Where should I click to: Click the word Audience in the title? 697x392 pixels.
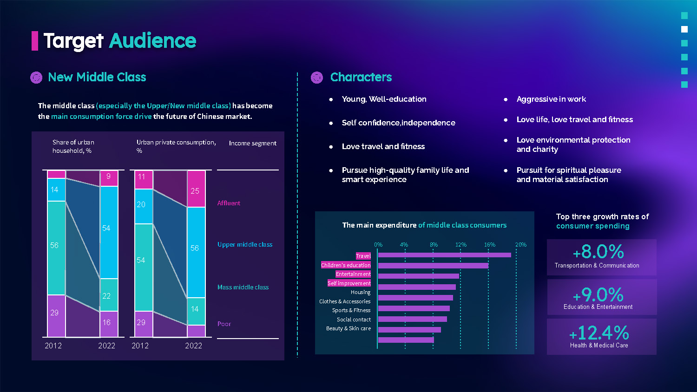tap(152, 41)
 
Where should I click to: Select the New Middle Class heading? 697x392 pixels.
tap(97, 77)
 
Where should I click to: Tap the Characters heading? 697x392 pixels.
tap(361, 77)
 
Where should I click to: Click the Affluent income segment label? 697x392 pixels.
tap(229, 203)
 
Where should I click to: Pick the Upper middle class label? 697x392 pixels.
tap(245, 244)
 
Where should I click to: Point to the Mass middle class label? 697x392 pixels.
tap(243, 287)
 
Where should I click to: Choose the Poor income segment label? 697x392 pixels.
tap(224, 324)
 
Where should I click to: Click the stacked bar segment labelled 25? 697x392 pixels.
tap(196, 189)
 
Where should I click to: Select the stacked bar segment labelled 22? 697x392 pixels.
tap(109, 295)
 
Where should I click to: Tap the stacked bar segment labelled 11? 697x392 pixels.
tap(144, 180)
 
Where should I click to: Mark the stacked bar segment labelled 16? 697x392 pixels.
tap(109, 324)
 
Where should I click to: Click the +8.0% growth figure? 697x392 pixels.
tap(598, 252)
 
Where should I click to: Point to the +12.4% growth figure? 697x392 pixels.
tap(599, 333)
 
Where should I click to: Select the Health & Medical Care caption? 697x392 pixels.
tap(599, 346)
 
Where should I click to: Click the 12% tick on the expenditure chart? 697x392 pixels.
tap(460, 245)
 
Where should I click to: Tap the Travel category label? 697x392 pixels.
tap(363, 256)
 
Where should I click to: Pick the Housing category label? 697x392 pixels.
tap(361, 292)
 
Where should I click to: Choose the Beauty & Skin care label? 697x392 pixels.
tap(348, 328)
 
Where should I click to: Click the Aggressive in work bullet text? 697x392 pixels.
tap(551, 99)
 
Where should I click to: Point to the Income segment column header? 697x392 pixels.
tap(252, 143)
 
